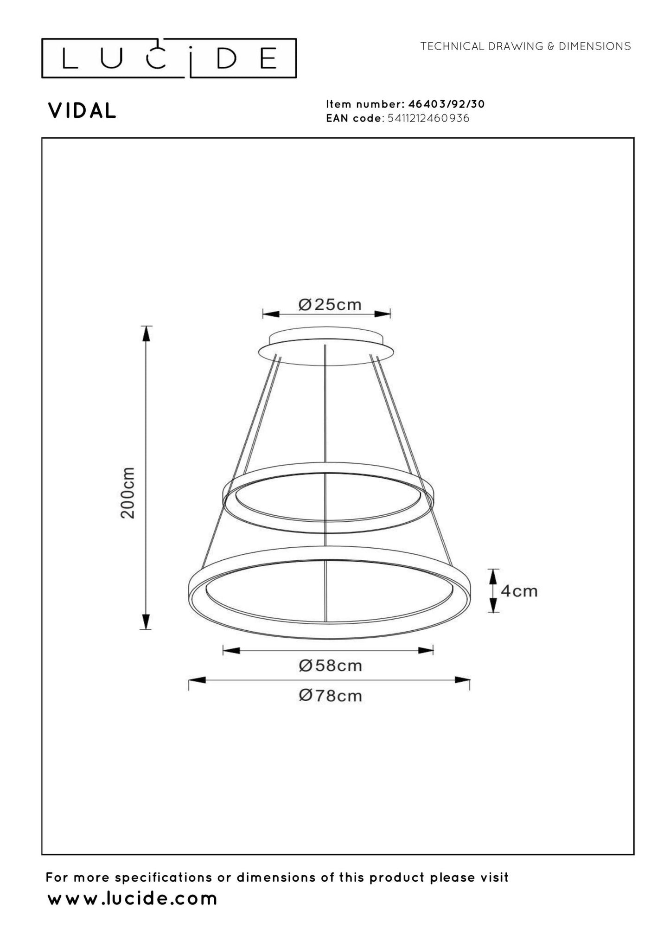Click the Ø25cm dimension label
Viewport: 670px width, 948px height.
[330, 305]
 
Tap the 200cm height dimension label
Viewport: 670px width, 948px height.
[128, 493]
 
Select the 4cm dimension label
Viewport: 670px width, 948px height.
[519, 591]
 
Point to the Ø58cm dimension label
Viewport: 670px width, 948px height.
[330, 666]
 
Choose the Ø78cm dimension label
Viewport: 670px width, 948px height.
[330, 696]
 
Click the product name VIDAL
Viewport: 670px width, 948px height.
[82, 111]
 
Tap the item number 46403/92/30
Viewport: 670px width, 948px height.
[446, 104]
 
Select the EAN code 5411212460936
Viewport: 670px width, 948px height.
[428, 118]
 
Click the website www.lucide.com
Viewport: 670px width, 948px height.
[133, 899]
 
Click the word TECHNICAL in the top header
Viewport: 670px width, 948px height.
[452, 46]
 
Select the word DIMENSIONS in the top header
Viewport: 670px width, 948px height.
[595, 46]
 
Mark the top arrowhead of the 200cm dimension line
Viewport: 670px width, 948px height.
[146, 333]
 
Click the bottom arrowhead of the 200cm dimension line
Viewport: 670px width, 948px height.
[146, 621]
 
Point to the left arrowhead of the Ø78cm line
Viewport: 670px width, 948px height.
[198, 680]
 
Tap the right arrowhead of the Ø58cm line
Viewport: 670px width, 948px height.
[426, 650]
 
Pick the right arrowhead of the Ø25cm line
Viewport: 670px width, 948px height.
[383, 314]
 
